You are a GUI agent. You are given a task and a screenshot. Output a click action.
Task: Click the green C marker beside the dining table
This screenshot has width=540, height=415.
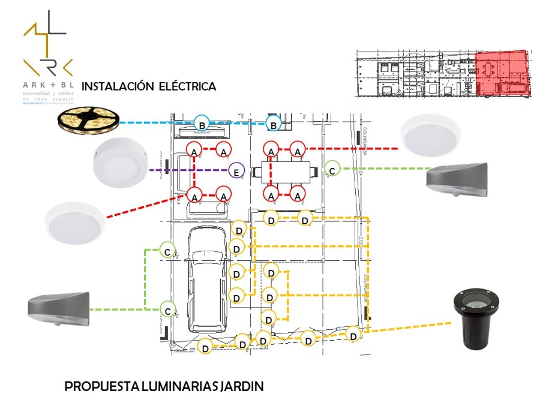pyautogui.click(x=332, y=169)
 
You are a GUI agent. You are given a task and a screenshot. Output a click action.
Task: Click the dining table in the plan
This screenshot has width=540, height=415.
pyautogui.click(x=284, y=173)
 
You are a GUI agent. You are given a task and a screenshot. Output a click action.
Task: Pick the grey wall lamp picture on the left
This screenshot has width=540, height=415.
pyautogui.click(x=58, y=308)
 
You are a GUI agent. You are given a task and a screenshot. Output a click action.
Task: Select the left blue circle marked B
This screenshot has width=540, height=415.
pyautogui.click(x=202, y=124)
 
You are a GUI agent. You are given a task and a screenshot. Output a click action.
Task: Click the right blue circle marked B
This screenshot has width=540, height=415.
pyautogui.click(x=274, y=124)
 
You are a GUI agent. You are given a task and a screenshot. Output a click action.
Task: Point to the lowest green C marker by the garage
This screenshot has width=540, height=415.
pyautogui.click(x=169, y=309)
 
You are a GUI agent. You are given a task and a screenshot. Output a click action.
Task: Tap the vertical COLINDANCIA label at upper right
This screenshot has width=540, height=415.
pyautogui.click(x=364, y=143)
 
